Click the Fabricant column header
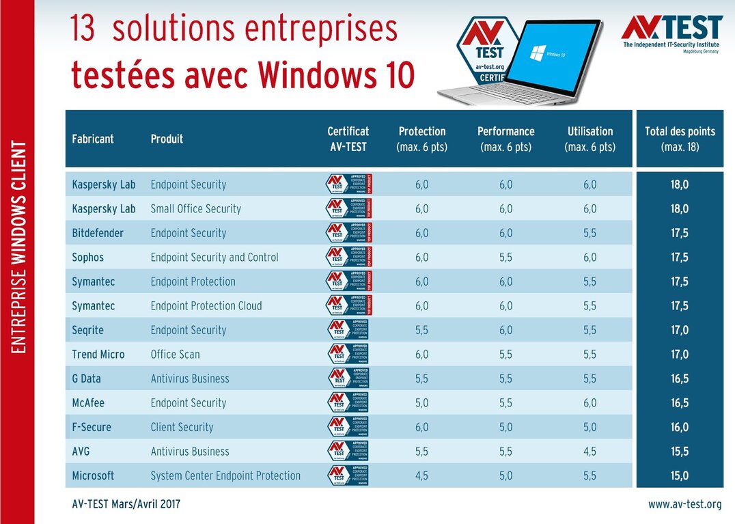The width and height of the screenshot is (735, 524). point(92,139)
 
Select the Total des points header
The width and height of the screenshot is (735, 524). point(679,139)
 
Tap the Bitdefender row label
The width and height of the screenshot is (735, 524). point(98,233)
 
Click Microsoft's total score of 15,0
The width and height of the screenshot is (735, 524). point(679,475)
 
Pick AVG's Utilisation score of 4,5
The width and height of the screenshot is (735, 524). point(590,452)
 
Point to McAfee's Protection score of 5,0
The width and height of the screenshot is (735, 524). point(421,403)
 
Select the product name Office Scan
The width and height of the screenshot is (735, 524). point(175,355)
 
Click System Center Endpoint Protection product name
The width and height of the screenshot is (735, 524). point(225,475)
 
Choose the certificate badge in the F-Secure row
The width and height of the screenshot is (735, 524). point(348,427)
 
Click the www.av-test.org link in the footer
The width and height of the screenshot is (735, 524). point(684,505)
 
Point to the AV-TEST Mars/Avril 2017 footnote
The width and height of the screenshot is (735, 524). point(126,505)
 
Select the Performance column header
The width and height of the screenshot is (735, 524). point(505,139)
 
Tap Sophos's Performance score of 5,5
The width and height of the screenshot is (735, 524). point(505,258)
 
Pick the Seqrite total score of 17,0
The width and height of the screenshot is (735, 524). point(679,330)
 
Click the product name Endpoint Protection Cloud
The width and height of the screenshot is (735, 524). point(206,306)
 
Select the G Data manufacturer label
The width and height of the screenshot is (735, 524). point(93,378)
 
